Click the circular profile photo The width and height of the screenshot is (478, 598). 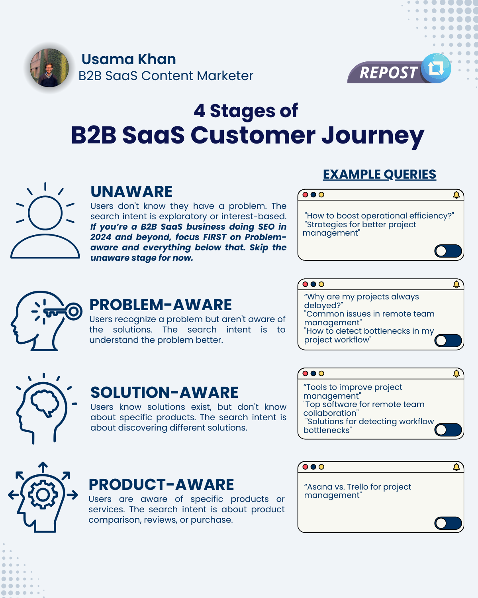pos(49,68)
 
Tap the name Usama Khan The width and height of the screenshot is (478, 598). pos(129,59)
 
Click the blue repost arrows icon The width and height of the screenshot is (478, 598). pos(436,68)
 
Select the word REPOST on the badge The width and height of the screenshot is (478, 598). pos(388,73)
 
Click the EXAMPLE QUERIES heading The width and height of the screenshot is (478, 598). pos(379,175)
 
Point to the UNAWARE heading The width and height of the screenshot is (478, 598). pos(131,191)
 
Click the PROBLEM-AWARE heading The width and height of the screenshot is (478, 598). pos(161,305)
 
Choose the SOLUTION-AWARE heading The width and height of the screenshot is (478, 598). pos(165,392)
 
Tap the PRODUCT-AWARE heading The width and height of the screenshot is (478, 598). pos(161,485)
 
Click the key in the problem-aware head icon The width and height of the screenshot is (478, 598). pos(63,311)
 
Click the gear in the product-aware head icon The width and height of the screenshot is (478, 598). pos(43,495)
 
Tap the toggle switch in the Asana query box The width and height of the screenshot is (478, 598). pos(448,523)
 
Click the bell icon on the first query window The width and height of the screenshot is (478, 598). pos(456,195)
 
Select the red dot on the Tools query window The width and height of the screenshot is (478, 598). pos(305,374)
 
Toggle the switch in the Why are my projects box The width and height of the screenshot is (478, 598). pos(448,341)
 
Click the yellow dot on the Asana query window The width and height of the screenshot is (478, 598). pos(321,467)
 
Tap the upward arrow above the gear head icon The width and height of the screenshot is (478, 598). pos(43,467)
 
